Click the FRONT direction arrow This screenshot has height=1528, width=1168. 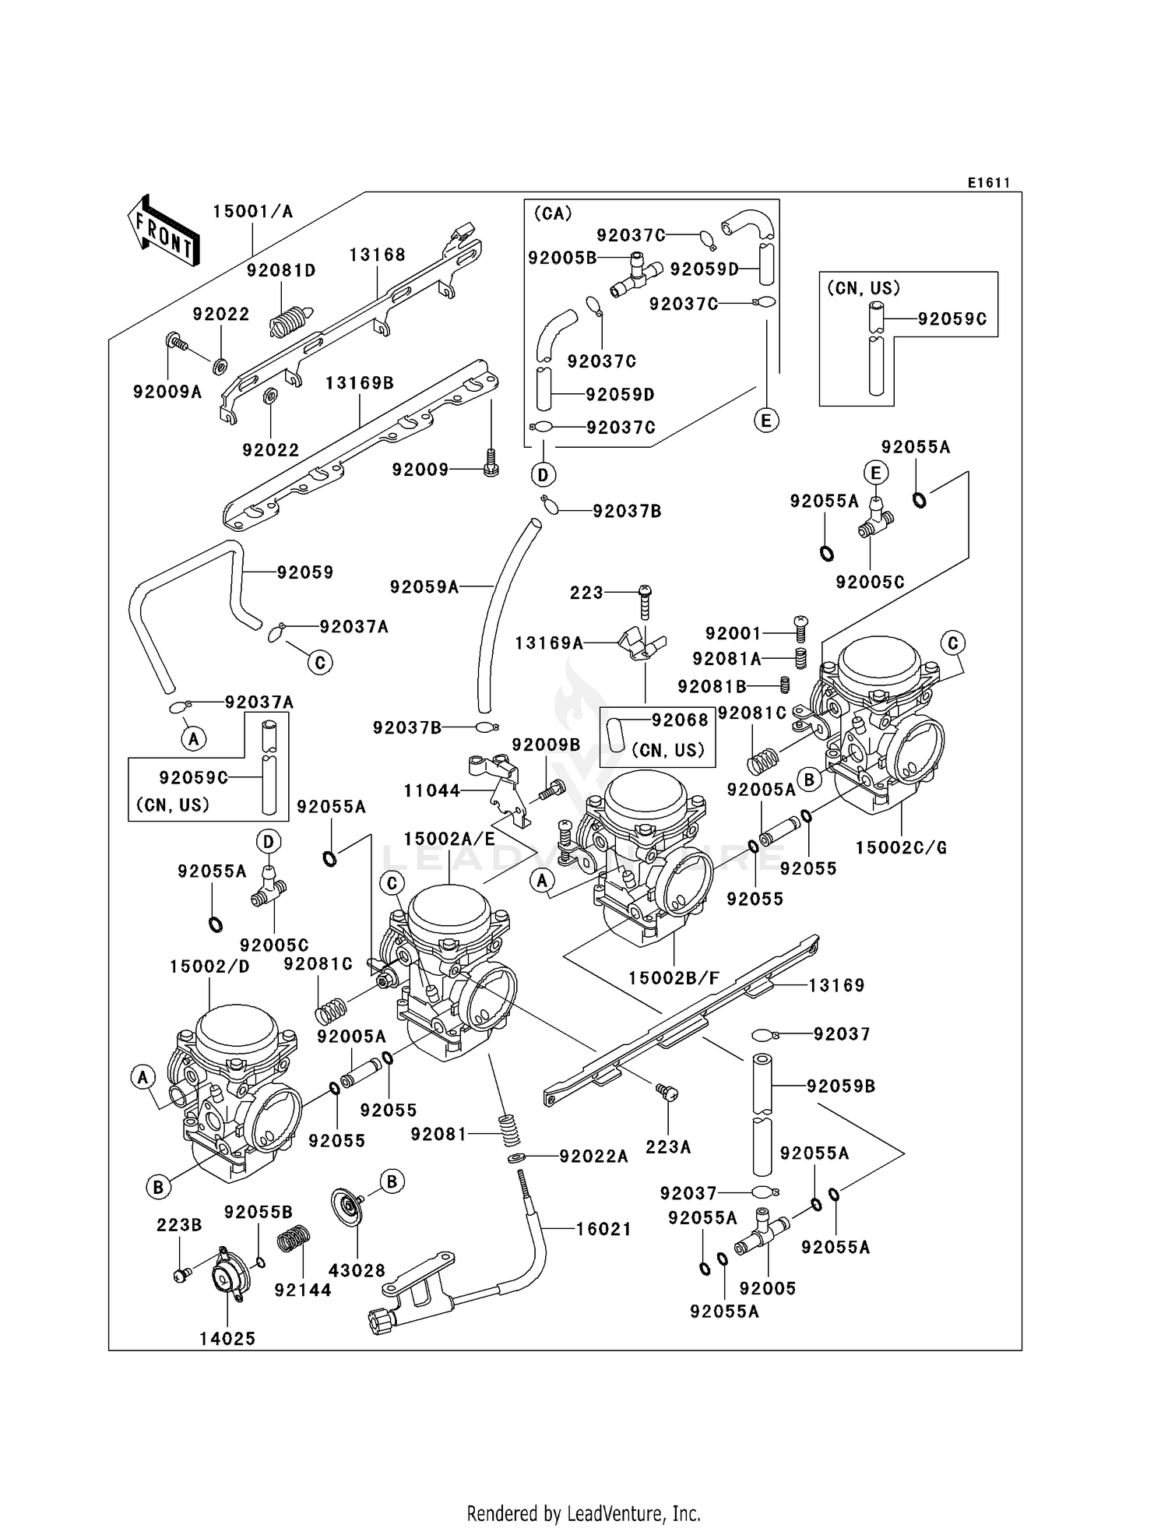tap(164, 231)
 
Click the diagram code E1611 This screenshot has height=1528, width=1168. tap(988, 183)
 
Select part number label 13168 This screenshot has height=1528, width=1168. tap(377, 255)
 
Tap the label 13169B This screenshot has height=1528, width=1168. tap(359, 383)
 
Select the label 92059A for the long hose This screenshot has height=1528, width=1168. tap(424, 587)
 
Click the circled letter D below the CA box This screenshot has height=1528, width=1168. tap(543, 474)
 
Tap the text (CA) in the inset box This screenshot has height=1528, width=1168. tap(553, 213)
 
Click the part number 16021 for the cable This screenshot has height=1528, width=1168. tap(603, 1229)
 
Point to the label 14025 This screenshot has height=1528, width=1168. tap(227, 1339)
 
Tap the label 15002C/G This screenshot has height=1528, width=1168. tap(901, 847)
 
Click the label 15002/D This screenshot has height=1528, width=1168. tap(209, 967)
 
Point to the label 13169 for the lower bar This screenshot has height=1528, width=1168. tap(836, 985)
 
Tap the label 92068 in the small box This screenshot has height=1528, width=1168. tap(680, 720)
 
